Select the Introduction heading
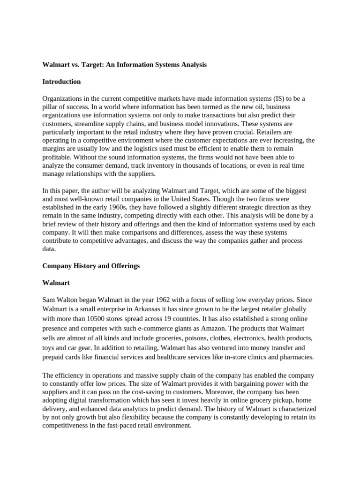pos(61,82)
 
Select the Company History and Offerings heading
pos(91,266)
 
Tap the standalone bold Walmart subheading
pos(56,283)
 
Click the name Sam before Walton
pos(48,300)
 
